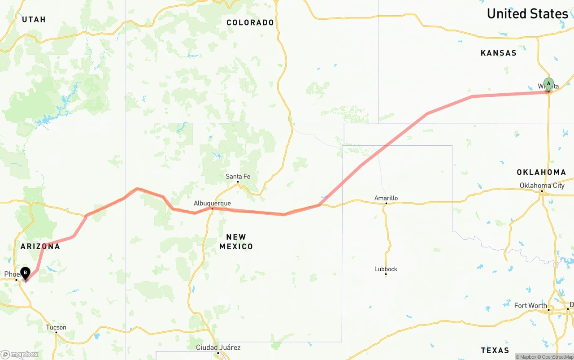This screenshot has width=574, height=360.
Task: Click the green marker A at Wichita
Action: [x=548, y=84]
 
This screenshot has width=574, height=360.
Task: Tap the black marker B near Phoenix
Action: [x=26, y=273]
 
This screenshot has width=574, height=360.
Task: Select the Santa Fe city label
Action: [x=238, y=177]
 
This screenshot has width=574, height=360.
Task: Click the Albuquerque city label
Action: [x=212, y=203]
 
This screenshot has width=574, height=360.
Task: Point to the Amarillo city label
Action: [x=386, y=198]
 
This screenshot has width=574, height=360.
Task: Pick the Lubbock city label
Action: [x=386, y=269]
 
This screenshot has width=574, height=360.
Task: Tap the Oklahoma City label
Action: [x=542, y=186]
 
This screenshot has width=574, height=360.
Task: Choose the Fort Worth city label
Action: [x=531, y=306]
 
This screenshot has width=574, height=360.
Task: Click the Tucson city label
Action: [x=56, y=327]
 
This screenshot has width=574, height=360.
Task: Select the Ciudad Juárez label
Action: [x=218, y=347]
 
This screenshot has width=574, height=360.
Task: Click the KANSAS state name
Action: [x=498, y=53]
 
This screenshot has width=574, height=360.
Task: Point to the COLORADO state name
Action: [x=250, y=22]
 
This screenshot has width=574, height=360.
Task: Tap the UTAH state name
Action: [x=34, y=19]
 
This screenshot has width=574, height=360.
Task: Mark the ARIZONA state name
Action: [x=40, y=247]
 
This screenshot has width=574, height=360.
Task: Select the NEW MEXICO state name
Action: [x=236, y=242]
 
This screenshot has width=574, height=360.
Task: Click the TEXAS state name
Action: [x=495, y=350]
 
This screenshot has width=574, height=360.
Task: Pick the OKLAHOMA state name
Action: [x=541, y=172]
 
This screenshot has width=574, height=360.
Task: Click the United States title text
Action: [x=527, y=14]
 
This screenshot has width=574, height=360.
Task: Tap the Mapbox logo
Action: [x=20, y=354]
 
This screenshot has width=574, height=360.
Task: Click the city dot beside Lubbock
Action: [x=386, y=274]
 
